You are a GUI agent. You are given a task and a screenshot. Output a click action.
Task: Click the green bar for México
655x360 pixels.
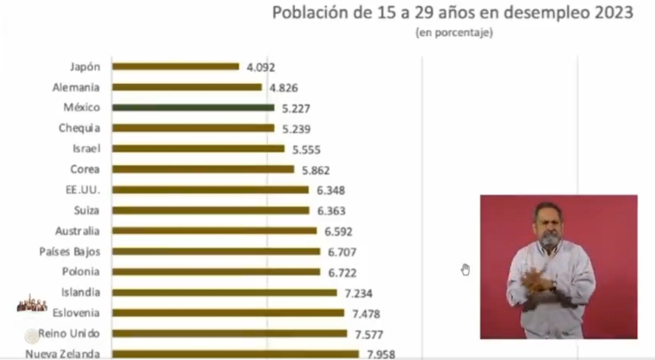193,108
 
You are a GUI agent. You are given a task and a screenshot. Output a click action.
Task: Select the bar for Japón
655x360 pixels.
176,66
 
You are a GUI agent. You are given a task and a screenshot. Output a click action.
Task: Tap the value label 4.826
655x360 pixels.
284,88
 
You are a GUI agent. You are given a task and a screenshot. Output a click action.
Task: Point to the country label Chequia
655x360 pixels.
79,128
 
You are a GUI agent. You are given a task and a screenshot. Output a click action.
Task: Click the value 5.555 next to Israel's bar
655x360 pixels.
306,150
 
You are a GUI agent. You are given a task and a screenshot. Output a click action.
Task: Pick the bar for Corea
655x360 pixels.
203,170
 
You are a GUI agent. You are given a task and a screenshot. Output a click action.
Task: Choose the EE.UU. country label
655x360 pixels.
83,190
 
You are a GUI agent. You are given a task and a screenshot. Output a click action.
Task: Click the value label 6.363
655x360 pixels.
331,211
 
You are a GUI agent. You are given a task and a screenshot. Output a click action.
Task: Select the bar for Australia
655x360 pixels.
214,231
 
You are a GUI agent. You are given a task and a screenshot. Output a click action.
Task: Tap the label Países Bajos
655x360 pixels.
70,252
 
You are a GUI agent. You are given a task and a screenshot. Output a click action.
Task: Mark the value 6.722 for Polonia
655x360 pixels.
342,273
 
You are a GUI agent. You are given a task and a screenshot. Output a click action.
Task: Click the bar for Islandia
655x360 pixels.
224,293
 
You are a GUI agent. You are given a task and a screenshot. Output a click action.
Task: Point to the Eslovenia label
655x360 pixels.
76,313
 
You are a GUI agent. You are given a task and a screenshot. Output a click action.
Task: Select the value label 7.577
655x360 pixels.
369,335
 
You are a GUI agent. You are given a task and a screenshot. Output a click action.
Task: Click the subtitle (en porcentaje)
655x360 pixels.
454,33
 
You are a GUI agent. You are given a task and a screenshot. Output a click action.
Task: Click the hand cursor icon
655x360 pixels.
465,270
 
